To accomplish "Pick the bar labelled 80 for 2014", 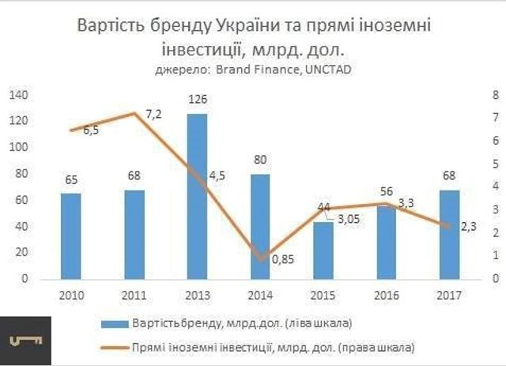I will coord(260,226).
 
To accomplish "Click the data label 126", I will coord(198,101).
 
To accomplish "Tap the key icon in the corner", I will coord(26,341).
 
